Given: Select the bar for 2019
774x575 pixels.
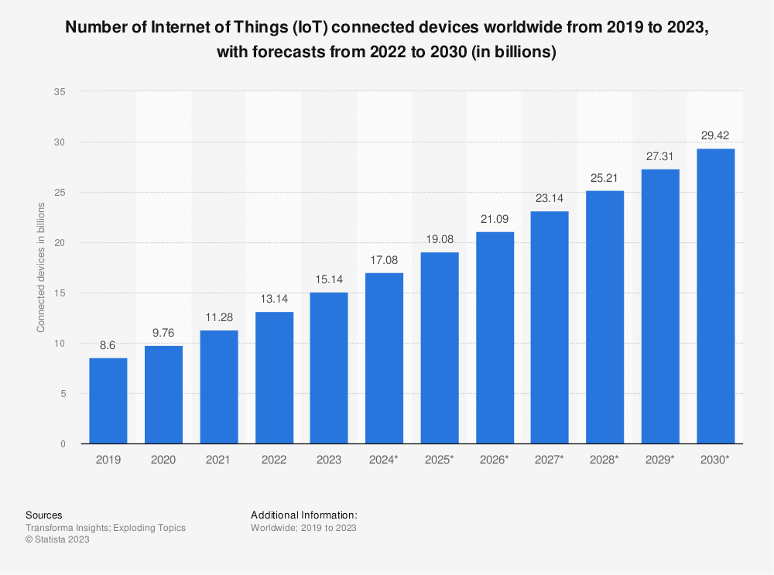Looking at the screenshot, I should (x=108, y=401).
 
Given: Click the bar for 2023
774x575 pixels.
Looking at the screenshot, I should (x=329, y=368).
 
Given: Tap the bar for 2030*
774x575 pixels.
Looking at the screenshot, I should (x=716, y=296).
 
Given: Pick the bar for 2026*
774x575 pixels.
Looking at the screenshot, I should (x=495, y=338).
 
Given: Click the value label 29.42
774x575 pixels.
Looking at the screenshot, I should (x=716, y=136).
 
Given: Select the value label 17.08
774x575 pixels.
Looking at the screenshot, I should (x=385, y=260).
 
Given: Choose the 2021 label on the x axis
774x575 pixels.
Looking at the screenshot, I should (x=218, y=460).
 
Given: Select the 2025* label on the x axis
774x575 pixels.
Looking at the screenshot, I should (x=440, y=460).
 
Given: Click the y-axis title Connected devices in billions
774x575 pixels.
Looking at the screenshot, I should (x=41, y=267).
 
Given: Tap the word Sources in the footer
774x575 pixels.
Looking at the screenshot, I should (x=44, y=515).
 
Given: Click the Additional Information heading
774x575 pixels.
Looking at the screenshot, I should (x=304, y=515).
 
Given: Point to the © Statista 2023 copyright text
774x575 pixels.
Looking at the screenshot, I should (x=57, y=540).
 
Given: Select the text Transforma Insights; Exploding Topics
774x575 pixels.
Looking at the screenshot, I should (x=105, y=528).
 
